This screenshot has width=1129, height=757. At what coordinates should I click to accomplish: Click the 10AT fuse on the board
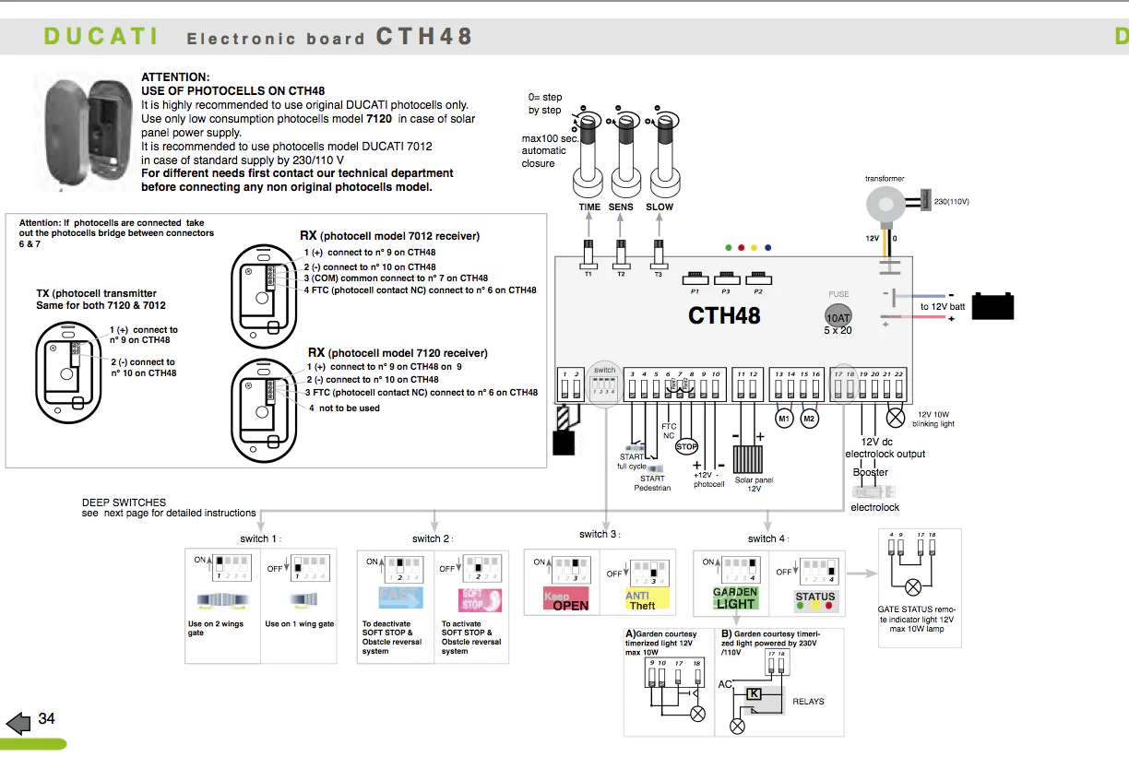838,314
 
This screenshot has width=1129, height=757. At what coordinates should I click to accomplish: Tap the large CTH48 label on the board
724,315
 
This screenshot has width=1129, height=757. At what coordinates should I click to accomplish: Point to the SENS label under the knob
621,207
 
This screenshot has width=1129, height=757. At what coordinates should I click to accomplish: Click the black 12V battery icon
992,305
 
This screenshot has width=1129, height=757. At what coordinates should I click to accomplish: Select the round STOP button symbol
686,446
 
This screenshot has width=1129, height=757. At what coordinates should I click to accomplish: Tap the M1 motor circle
784,419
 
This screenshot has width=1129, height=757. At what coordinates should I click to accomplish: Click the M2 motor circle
809,419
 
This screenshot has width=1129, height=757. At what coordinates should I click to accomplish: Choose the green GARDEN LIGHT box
735,598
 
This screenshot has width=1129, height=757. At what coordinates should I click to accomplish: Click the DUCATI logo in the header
101,37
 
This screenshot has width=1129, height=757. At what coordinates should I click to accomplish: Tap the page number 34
46,718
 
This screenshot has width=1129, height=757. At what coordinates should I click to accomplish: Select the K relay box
755,693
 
